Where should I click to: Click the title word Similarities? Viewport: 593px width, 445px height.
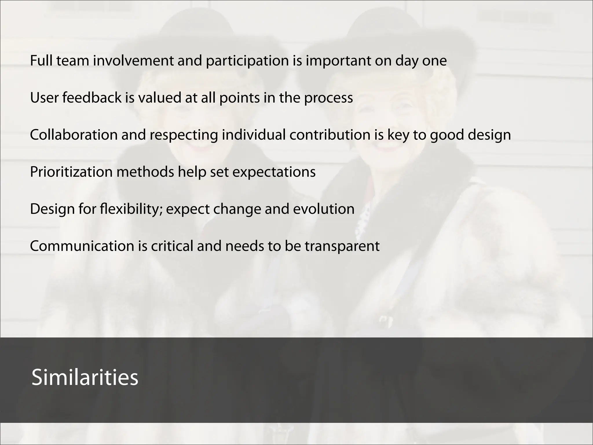point(85,377)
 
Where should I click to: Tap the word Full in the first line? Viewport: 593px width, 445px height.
point(41,61)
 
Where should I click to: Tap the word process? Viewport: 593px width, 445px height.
point(328,98)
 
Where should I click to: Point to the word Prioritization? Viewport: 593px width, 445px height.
point(71,172)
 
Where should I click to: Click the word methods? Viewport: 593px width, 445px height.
point(145,172)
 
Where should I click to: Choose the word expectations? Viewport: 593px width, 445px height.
point(274,172)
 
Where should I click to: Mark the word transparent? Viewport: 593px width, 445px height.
point(342,247)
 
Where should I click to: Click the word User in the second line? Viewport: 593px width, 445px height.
point(44,98)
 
